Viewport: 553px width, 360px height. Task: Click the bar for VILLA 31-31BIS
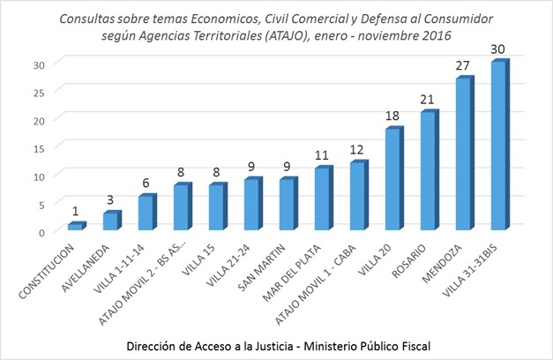(497, 146)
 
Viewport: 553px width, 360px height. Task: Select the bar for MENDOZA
(463, 154)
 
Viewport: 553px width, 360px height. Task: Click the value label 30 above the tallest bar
(499, 49)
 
